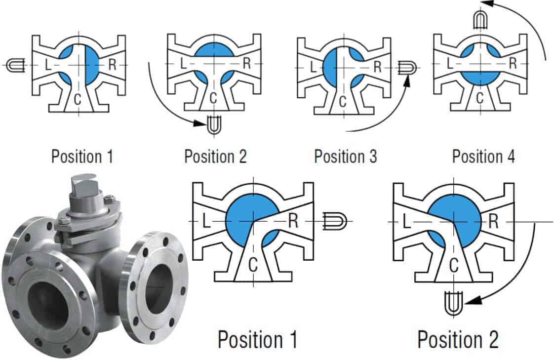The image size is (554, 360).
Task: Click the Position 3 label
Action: coord(346,156)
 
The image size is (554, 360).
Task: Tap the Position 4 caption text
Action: coord(483,156)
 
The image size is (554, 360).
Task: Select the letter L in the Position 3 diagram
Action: coord(313,67)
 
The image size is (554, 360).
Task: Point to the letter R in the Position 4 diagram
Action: coord(513,64)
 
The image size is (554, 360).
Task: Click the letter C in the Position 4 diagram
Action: coord(479,98)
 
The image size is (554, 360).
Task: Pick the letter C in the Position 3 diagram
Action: coord(342,101)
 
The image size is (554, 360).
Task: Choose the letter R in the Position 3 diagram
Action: coord(377,67)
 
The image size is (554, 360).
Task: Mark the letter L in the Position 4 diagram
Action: coord(450,64)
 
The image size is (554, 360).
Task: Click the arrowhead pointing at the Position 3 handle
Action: coord(408,81)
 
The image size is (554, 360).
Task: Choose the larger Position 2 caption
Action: coord(458,339)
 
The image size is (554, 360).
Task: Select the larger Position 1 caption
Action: coord(258,339)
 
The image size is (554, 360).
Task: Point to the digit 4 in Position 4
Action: coord(511,156)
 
